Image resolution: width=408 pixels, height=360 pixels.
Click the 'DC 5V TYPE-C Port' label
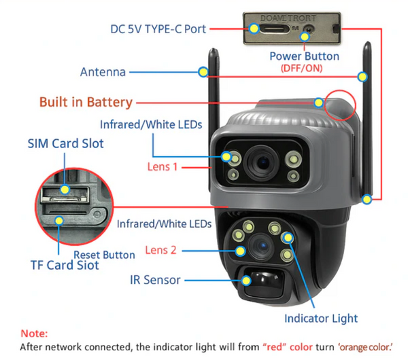(158, 29)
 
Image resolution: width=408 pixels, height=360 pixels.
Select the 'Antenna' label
(102, 72)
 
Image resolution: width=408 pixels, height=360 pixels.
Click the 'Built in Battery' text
(85, 103)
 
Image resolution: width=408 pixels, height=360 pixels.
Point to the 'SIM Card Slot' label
(65, 144)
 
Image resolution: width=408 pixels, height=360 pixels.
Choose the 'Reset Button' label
(104, 255)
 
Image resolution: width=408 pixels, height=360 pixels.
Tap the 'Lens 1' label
(163, 166)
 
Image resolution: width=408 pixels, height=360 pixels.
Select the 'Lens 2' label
(161, 251)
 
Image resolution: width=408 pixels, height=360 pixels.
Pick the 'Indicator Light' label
(321, 318)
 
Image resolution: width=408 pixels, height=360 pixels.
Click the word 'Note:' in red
(34, 334)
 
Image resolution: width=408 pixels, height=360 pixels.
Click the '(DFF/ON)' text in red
(301, 69)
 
